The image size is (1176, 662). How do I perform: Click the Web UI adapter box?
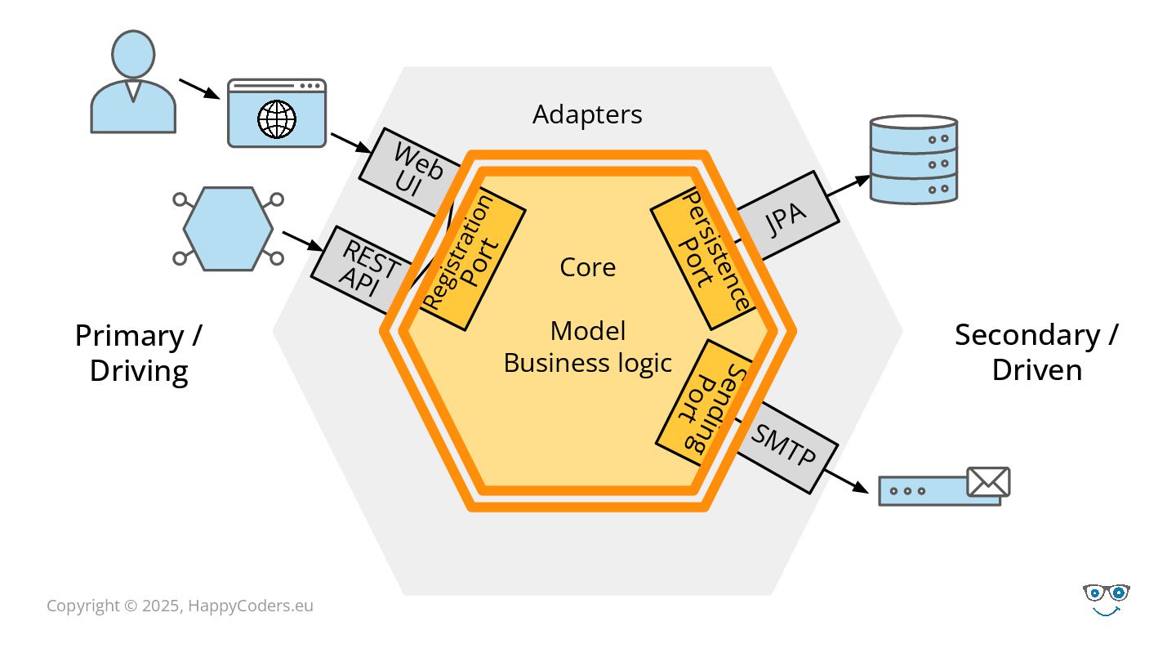(x=408, y=170)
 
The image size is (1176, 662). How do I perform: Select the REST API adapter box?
(x=363, y=269)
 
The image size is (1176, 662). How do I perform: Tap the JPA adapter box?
(x=786, y=216)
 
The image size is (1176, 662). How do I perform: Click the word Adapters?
(x=587, y=114)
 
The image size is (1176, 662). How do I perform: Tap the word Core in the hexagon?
(x=587, y=267)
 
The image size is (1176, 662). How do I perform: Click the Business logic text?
(x=587, y=363)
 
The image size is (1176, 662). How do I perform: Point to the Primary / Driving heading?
(x=139, y=353)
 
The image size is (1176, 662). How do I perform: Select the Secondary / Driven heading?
(x=1037, y=352)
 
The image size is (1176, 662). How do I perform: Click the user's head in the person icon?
(x=133, y=54)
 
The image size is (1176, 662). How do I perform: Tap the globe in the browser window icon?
(x=277, y=119)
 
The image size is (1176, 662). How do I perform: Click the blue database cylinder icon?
(x=914, y=159)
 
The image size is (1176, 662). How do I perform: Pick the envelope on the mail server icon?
(x=988, y=482)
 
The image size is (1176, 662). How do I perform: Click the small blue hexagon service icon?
(x=229, y=229)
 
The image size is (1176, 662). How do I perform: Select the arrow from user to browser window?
(x=199, y=89)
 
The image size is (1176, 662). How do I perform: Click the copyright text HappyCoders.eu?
(x=251, y=606)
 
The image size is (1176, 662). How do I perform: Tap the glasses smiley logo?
(x=1106, y=600)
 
